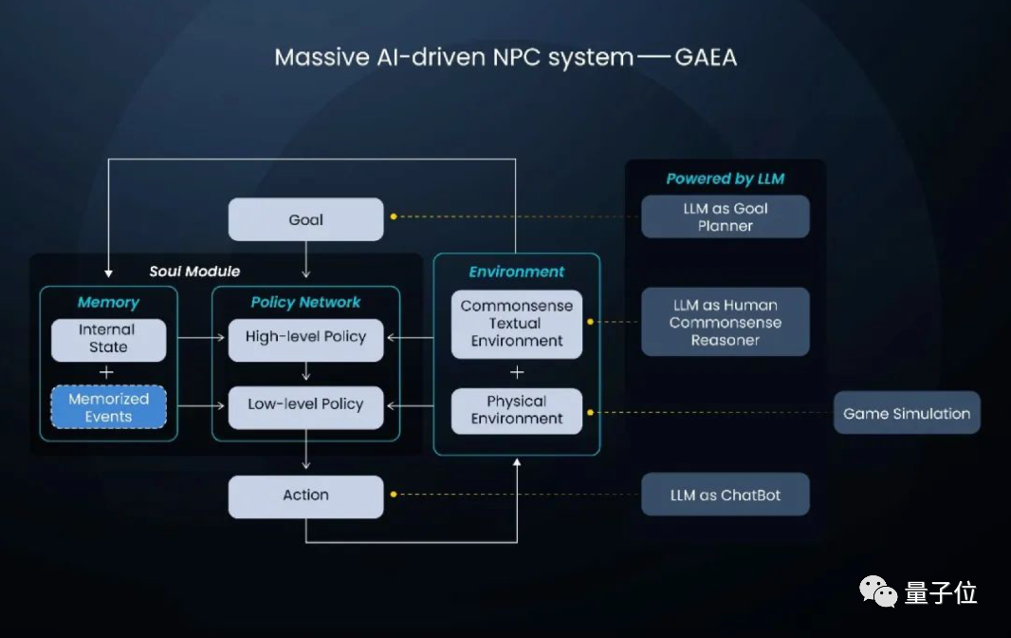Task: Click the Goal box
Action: (x=305, y=219)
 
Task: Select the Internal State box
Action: (x=108, y=339)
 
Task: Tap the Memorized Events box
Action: (x=108, y=407)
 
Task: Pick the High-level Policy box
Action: (x=305, y=337)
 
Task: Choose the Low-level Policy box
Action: (x=305, y=404)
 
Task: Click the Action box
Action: (x=305, y=496)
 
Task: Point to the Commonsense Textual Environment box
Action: (x=517, y=324)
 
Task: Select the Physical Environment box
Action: (x=517, y=410)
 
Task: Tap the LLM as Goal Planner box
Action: (x=726, y=216)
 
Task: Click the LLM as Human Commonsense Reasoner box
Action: (x=726, y=322)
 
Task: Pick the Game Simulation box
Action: (x=907, y=414)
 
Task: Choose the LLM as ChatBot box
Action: (x=726, y=496)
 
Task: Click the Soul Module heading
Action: (x=194, y=272)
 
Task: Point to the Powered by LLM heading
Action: (x=726, y=178)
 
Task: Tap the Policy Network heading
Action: (x=305, y=303)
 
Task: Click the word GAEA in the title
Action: (x=706, y=58)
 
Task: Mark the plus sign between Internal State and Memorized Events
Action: (x=107, y=372)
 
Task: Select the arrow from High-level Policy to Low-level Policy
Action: (x=305, y=370)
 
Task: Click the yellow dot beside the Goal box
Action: (x=393, y=217)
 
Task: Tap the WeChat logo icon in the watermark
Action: (x=877, y=592)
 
